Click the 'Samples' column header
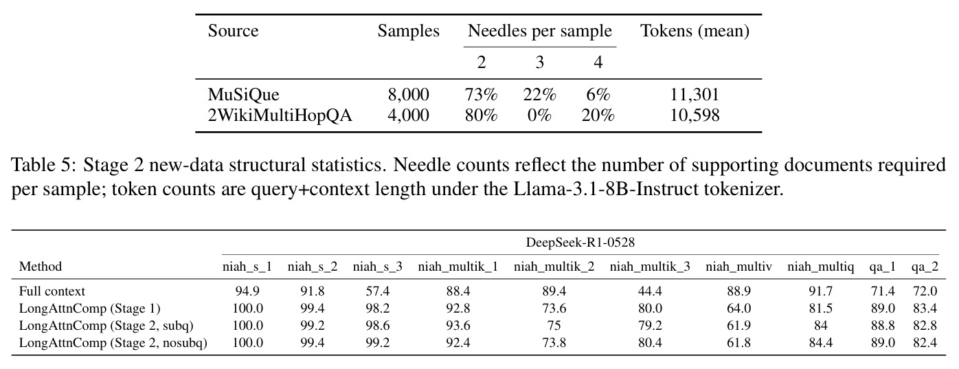click(x=409, y=31)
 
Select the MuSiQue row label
click(x=243, y=95)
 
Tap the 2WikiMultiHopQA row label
click(x=280, y=115)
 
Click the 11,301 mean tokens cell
click(x=695, y=95)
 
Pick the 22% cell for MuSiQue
click(x=539, y=95)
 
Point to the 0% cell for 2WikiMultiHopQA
click(x=539, y=115)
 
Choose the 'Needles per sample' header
click(x=540, y=31)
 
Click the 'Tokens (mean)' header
click(x=695, y=31)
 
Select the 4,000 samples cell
click(x=409, y=115)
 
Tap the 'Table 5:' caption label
click(x=43, y=165)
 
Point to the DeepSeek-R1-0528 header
click(x=580, y=243)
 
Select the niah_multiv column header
click(x=738, y=267)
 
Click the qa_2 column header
click(x=925, y=267)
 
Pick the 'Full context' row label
click(x=52, y=291)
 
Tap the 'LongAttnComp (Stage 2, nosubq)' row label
click(x=113, y=343)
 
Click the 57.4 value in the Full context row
click(x=378, y=291)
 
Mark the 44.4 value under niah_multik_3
click(x=650, y=291)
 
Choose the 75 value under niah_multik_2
click(x=554, y=326)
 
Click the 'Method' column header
click(x=41, y=267)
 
